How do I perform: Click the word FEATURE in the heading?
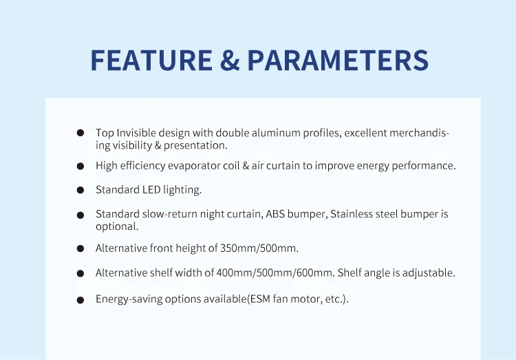click(x=151, y=60)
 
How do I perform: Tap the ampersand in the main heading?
click(x=230, y=60)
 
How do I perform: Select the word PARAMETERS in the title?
click(x=338, y=60)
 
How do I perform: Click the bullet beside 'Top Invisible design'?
click(x=80, y=133)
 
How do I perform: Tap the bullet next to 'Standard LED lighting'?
click(x=80, y=190)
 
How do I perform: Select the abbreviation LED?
click(x=151, y=190)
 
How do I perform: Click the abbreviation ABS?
click(x=275, y=214)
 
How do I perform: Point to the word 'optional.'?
click(x=117, y=226)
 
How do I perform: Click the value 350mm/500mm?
click(x=259, y=248)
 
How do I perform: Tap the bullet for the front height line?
click(x=80, y=248)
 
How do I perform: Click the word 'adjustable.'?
click(x=429, y=273)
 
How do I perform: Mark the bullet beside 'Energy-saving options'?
click(x=80, y=300)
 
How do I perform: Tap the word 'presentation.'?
click(x=195, y=145)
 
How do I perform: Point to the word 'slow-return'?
click(x=170, y=214)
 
